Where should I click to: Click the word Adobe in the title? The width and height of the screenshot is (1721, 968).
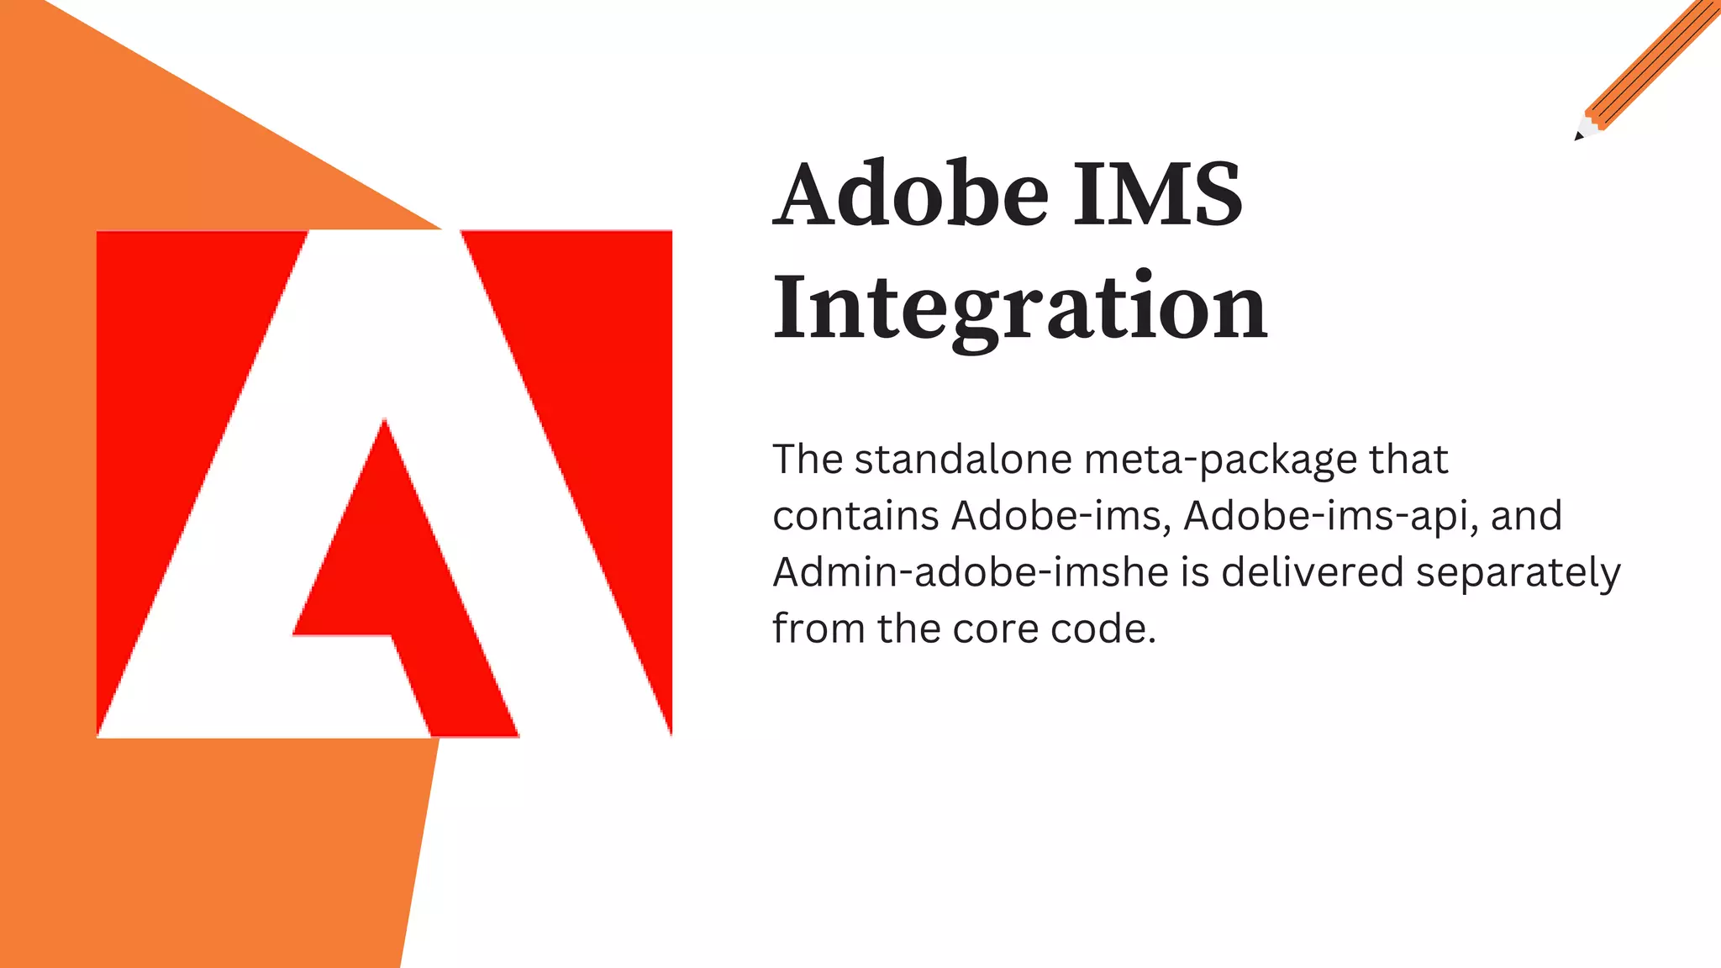(911, 194)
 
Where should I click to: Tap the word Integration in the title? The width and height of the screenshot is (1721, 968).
(1019, 308)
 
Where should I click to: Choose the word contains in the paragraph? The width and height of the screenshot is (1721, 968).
(855, 516)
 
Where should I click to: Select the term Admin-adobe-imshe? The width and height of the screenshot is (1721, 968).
(971, 572)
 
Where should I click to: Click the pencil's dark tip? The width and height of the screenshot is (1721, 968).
(1579, 136)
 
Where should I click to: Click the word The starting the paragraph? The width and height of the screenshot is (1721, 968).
(808, 460)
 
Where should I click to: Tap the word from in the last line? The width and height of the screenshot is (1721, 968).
(818, 629)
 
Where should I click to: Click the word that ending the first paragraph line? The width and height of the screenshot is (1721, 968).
(1408, 460)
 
